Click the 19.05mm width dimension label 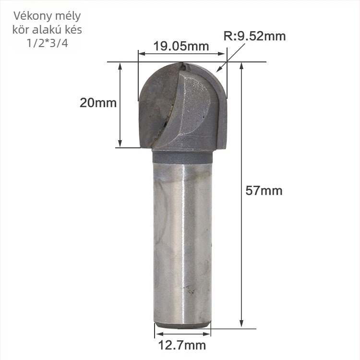click(x=181, y=47)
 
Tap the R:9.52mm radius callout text click(x=254, y=36)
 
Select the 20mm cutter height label click(x=98, y=103)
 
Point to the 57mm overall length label click(x=264, y=191)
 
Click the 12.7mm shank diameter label click(x=182, y=345)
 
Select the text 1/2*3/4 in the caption click(x=48, y=43)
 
